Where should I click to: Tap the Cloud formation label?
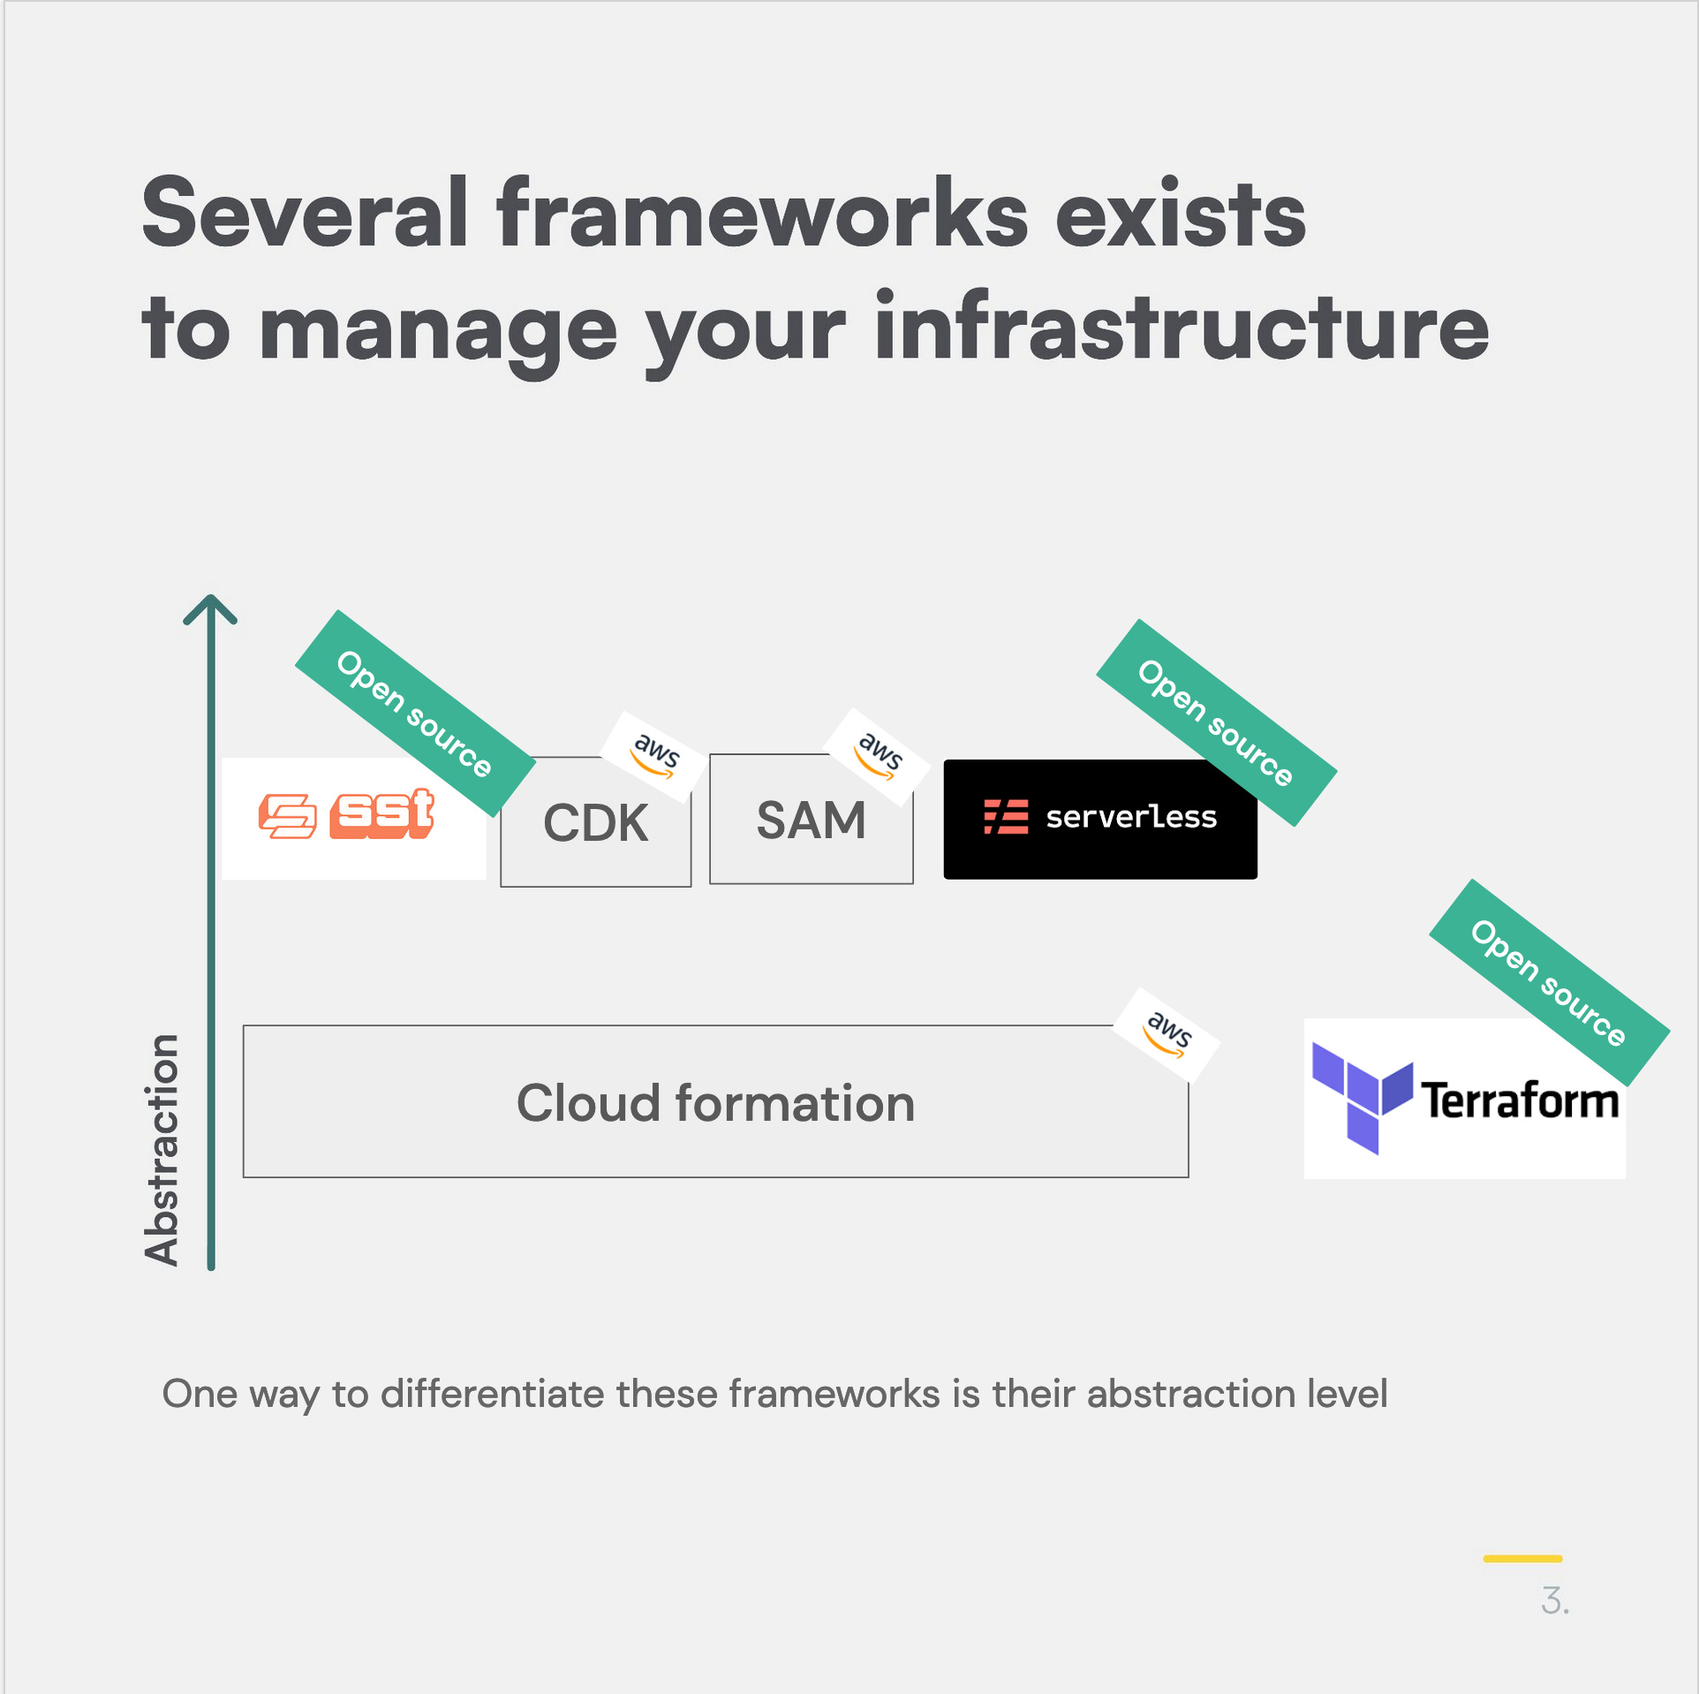[x=715, y=1103]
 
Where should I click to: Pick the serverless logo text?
[x=1131, y=818]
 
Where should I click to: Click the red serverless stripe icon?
[x=1006, y=817]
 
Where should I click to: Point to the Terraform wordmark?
[x=1520, y=1100]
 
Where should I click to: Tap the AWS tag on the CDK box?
[x=654, y=756]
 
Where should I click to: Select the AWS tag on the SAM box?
[x=878, y=755]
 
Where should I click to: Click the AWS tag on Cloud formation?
[x=1167, y=1034]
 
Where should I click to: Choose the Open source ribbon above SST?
[x=414, y=713]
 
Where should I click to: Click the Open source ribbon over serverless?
[x=1215, y=722]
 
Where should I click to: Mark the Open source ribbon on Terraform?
[x=1548, y=982]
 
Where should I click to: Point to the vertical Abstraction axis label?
[x=162, y=1149]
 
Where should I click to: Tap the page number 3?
[x=1554, y=1600]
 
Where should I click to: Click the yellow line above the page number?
[x=1522, y=1559]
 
